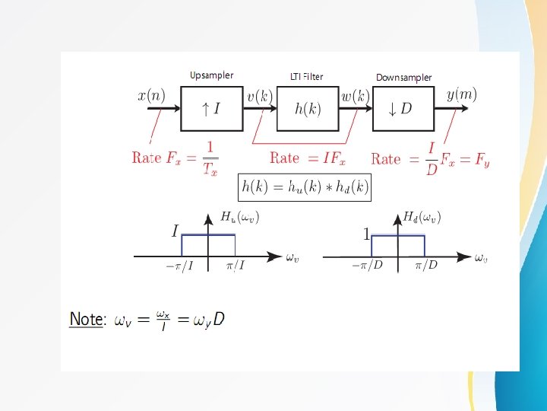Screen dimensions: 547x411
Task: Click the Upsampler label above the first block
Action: [211, 75]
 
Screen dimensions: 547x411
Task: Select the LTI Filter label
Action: [306, 76]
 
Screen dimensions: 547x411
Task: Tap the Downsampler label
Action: [403, 78]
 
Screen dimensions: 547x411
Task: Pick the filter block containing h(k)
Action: [308, 109]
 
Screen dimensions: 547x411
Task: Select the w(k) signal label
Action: [355, 97]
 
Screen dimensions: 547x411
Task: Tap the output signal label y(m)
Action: [461, 94]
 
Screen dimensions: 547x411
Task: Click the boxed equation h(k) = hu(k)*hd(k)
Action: [305, 186]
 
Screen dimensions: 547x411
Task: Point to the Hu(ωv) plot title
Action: [240, 218]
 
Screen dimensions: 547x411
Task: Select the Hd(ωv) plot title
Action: [422, 218]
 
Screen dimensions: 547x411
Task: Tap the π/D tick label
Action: [426, 265]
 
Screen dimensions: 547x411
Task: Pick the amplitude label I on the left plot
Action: [175, 231]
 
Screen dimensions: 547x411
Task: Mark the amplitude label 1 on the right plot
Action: [366, 235]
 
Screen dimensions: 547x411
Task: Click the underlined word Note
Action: [87, 319]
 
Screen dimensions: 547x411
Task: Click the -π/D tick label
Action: [366, 265]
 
